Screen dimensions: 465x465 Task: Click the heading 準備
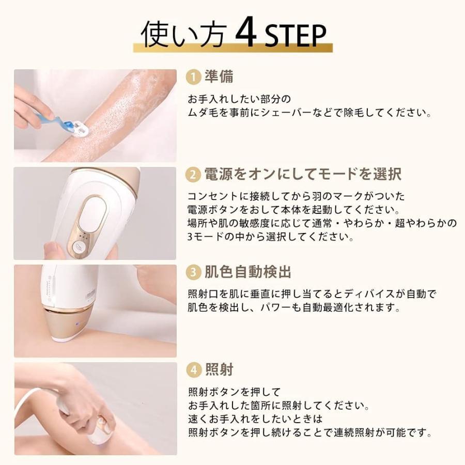pyautogui.click(x=219, y=77)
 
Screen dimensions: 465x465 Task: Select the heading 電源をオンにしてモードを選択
pyautogui.click(x=302, y=175)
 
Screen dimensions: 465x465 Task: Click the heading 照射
pyautogui.click(x=219, y=370)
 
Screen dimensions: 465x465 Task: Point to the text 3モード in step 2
pyautogui.click(x=204, y=237)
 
